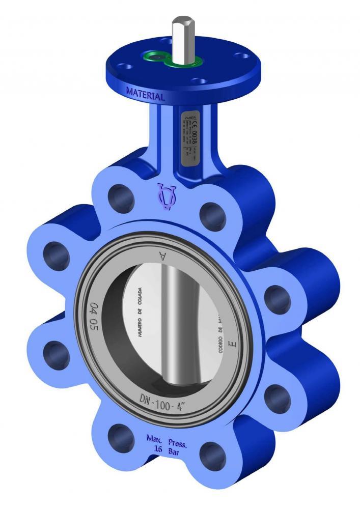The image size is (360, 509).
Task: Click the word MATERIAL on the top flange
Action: click(x=145, y=95)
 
